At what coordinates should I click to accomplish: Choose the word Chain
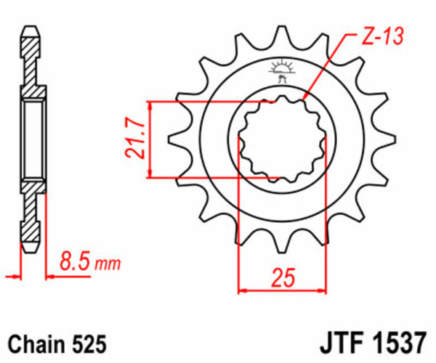tap(32, 341)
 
